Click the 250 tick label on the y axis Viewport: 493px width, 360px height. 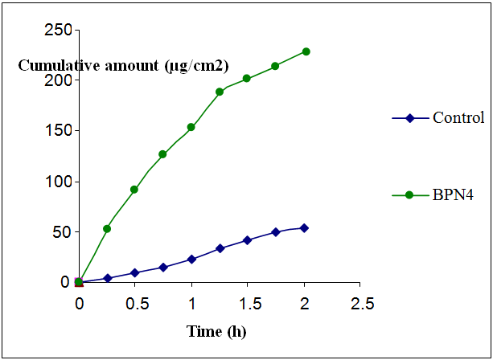point(58,31)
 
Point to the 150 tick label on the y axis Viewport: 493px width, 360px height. point(58,131)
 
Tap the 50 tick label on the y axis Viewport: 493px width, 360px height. point(62,232)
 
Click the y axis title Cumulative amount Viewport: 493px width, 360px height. point(123,65)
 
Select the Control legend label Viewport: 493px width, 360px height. point(458,117)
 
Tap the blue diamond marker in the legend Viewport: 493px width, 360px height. point(409,118)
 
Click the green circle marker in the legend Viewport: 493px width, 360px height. point(409,194)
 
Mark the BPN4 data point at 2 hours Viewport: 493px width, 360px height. point(305,51)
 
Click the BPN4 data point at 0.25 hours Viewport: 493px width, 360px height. point(107,229)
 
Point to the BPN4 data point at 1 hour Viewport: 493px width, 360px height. point(191,127)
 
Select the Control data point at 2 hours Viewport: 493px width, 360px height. point(305,227)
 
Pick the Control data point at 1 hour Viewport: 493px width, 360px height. point(191,260)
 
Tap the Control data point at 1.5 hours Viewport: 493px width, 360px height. point(248,240)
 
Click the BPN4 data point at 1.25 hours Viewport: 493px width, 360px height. point(220,92)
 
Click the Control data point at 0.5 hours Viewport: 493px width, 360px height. point(135,273)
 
